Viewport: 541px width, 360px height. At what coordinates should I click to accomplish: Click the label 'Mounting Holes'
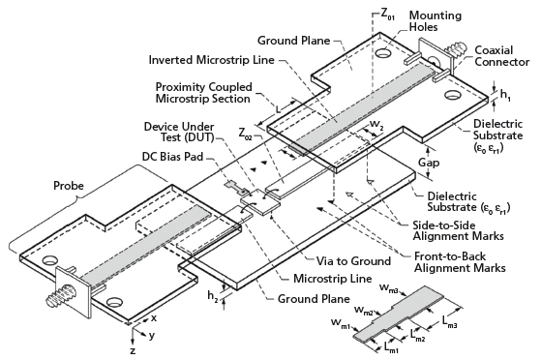[436, 21]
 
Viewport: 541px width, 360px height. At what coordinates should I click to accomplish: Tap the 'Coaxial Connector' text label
[502, 56]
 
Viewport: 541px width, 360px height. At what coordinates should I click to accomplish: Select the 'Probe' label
[69, 186]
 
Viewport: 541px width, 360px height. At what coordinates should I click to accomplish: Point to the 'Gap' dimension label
[429, 163]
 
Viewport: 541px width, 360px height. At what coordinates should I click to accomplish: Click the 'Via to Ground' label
[353, 261]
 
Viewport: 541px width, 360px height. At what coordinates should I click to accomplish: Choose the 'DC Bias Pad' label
[173, 157]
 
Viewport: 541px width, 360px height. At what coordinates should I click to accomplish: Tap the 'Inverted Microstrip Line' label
[212, 60]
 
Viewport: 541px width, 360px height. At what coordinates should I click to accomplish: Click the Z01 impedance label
[388, 14]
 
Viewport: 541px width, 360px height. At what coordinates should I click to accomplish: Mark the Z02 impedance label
[246, 134]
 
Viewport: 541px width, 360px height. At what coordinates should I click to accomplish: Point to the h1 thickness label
[506, 95]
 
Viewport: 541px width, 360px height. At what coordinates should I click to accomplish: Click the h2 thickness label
[213, 296]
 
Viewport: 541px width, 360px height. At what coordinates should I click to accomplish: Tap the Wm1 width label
[341, 323]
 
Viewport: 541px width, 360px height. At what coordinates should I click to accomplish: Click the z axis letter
[133, 351]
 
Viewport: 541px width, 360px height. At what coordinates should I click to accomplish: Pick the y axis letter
[152, 335]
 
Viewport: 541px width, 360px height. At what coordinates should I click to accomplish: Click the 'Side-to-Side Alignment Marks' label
[458, 230]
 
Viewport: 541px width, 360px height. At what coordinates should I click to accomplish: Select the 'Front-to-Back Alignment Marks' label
[460, 262]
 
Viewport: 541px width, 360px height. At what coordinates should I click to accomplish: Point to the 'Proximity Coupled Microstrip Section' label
[203, 93]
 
